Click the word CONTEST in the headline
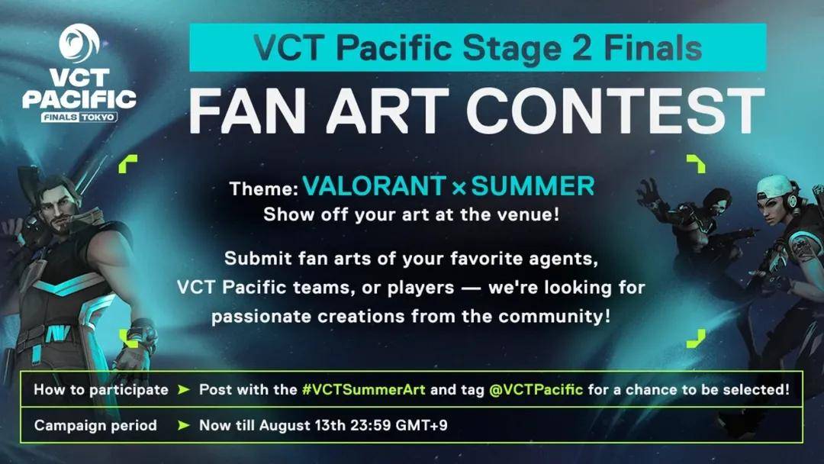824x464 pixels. tap(615, 111)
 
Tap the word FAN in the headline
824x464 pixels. tap(247, 111)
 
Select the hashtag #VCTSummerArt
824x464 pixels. tap(364, 389)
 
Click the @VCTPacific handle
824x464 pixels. tap(536, 389)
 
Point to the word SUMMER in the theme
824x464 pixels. tap(533, 186)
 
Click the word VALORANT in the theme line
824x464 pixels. tap(375, 186)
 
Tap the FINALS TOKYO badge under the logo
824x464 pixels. tap(79, 117)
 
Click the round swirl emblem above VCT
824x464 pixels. tap(79, 43)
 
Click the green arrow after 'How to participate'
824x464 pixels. tap(183, 389)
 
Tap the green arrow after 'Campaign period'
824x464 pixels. tap(183, 425)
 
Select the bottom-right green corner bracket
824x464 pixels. tap(696, 339)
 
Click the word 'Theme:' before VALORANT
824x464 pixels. tap(264, 188)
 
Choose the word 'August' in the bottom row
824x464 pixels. tap(284, 426)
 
